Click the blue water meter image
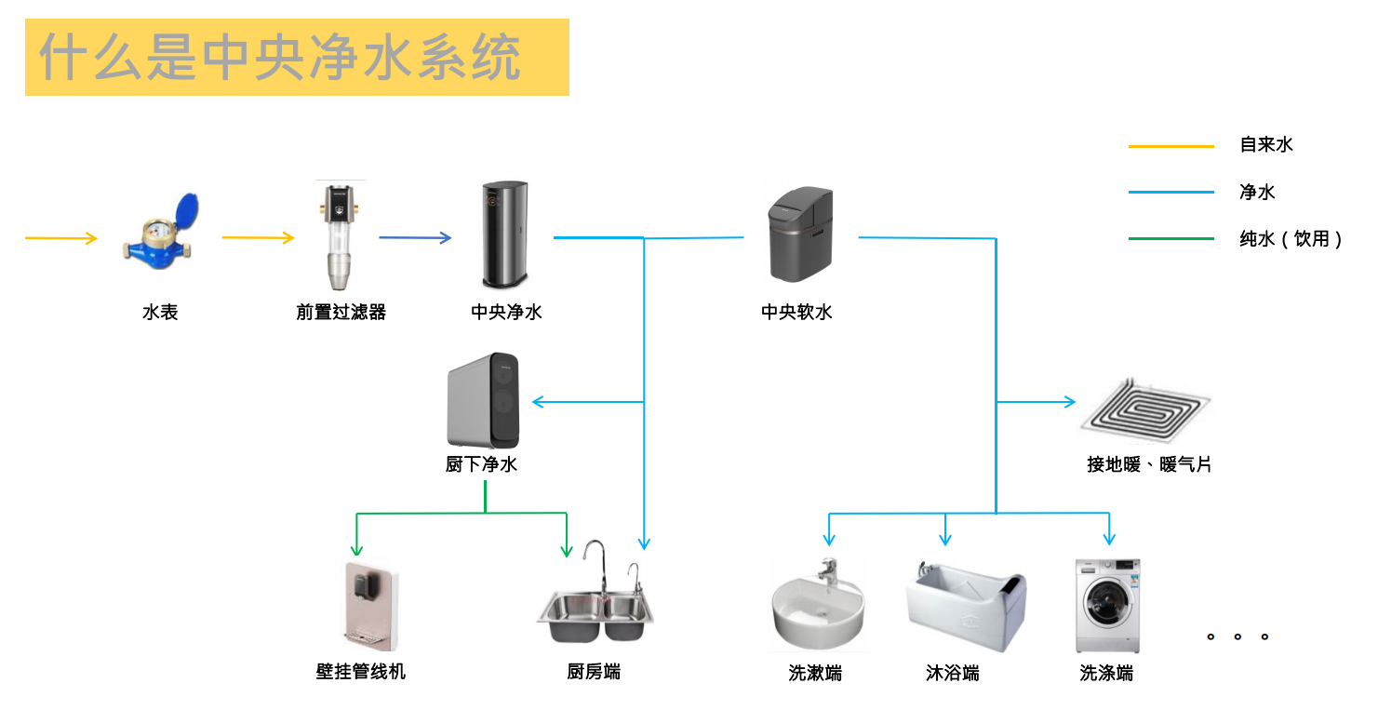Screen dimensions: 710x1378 click(161, 232)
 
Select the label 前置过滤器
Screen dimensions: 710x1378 click(341, 313)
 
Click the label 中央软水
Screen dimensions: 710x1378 click(796, 313)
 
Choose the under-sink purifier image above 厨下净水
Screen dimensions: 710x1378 click(483, 400)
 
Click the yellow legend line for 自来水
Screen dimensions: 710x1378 click(1171, 146)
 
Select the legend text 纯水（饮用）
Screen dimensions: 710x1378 click(1291, 239)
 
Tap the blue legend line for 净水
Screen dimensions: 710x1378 click(1171, 193)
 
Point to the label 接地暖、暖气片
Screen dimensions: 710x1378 click(1149, 464)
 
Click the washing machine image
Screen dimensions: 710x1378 click(1107, 606)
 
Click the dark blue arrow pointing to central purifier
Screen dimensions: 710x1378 click(415, 237)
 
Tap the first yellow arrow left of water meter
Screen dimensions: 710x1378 click(61, 239)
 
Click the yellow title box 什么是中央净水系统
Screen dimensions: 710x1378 click(297, 58)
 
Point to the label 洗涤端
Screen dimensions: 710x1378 click(1106, 673)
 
